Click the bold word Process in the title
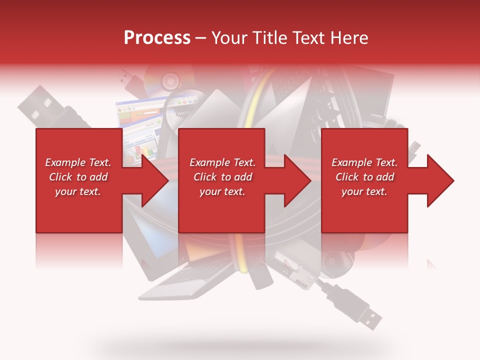(x=157, y=38)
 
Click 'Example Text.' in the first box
(x=78, y=162)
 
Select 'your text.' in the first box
(x=78, y=191)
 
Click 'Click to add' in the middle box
(x=222, y=177)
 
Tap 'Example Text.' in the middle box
(x=222, y=162)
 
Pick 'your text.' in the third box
(x=364, y=191)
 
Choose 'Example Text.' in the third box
(x=364, y=162)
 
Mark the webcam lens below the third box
(x=331, y=261)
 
